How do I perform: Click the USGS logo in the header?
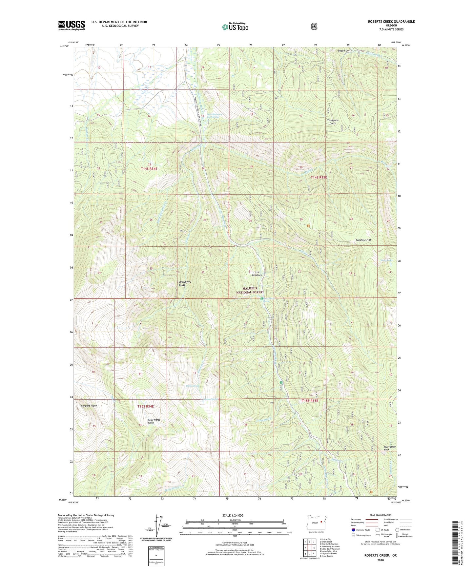coord(72,25)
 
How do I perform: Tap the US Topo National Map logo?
coord(235,27)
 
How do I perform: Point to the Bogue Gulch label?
coord(345,50)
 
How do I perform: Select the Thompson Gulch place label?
coord(333,122)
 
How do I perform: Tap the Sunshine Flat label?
coord(363,240)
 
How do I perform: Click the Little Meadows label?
coord(257,274)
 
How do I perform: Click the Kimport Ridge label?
coord(89,406)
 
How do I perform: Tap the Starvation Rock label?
coord(390,448)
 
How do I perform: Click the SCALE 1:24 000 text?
coord(233,515)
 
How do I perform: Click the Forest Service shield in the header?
coord(314,26)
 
